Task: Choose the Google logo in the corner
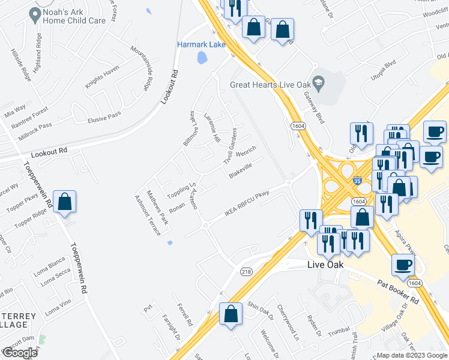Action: pos(20,352)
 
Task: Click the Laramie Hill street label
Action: pos(211,128)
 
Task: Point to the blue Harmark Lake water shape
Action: pos(202,58)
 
